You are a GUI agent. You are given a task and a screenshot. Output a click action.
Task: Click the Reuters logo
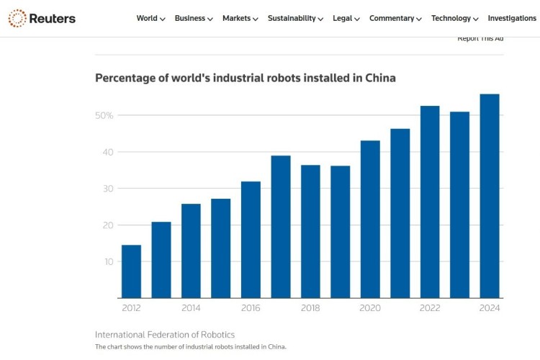42,18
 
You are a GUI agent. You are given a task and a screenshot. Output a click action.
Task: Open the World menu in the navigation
150,19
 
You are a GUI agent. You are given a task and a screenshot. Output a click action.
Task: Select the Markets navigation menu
240,19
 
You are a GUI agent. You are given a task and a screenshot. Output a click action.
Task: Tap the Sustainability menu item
295,19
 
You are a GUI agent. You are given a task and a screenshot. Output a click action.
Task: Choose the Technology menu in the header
454,19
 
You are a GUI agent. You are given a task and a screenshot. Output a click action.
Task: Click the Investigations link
512,19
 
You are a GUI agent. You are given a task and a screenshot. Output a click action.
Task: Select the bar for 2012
131,271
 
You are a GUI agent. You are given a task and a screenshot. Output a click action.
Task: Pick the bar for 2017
281,227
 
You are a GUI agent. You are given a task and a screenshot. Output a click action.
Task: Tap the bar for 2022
430,202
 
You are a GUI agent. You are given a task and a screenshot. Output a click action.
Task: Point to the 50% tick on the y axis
104,115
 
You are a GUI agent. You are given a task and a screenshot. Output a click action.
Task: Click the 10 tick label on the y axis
108,261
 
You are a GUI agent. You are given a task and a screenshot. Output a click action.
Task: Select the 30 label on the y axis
107,189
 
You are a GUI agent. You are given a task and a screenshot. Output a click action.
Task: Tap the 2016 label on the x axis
251,307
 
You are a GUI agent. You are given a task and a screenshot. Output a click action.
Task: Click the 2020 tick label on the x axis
370,307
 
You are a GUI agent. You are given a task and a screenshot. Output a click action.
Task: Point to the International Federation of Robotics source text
165,335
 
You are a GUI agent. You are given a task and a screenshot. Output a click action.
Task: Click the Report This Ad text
480,38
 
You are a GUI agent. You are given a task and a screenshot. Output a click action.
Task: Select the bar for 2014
191,251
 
